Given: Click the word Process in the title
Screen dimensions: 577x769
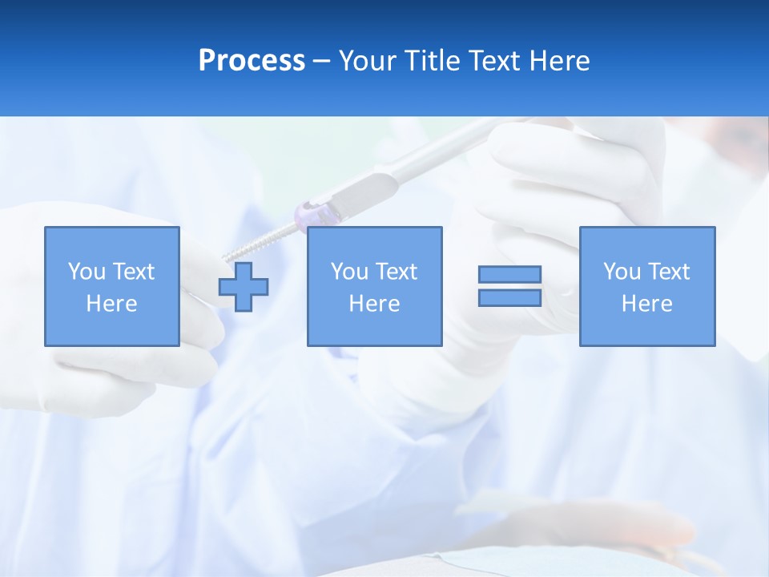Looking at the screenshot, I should pos(252,60).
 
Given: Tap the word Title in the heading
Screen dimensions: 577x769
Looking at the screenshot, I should pos(434,60).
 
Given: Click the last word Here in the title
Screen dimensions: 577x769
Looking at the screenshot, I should pos(559,60).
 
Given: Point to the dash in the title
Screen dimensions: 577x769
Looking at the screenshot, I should pos(321,61).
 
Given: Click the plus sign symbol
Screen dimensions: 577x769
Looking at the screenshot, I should pos(244,287).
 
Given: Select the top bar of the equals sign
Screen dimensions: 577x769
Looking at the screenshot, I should pos(509,274).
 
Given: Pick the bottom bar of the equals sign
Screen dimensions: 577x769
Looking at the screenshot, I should pos(509,297).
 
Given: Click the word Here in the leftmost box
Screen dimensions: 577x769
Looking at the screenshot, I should pos(111,304).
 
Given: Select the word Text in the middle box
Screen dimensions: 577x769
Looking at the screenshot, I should pos(397,272).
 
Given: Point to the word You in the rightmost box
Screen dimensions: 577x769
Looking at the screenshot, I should pos(622,272).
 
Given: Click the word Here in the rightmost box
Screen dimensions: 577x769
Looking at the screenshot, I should pos(646,304).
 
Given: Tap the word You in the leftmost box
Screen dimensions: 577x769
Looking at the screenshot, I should pos(87,272).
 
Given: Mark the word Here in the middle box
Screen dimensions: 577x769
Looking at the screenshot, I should pos(374,304).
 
